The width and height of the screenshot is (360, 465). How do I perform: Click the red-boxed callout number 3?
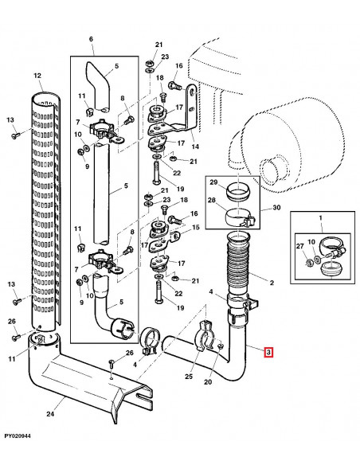click(268, 352)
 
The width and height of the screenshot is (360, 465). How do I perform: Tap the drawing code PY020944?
click(18, 436)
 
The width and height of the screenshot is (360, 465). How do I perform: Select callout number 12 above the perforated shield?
click(37, 76)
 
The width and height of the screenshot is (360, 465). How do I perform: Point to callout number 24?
click(50, 413)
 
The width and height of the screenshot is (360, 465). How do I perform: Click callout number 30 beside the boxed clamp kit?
click(276, 207)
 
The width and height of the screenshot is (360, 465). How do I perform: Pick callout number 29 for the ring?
click(214, 182)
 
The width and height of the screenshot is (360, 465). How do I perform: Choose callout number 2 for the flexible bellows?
click(272, 283)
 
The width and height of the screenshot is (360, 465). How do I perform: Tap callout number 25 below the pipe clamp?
click(189, 377)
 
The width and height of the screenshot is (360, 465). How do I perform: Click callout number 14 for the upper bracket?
click(195, 147)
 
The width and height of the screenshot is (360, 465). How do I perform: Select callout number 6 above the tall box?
click(91, 39)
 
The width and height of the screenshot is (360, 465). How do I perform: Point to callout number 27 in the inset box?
click(300, 246)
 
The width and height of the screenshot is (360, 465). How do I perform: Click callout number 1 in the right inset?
click(320, 218)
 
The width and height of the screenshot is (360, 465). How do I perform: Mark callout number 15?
click(196, 228)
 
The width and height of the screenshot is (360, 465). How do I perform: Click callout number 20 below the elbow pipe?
click(208, 381)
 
